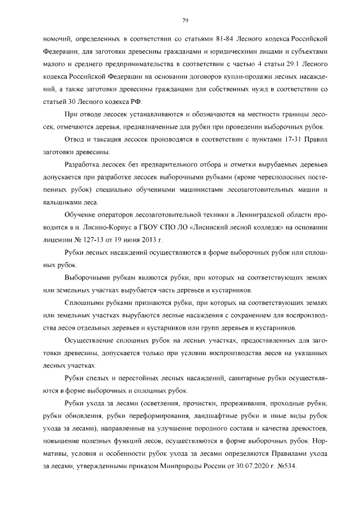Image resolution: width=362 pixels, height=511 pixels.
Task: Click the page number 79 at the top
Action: coord(185,21)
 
